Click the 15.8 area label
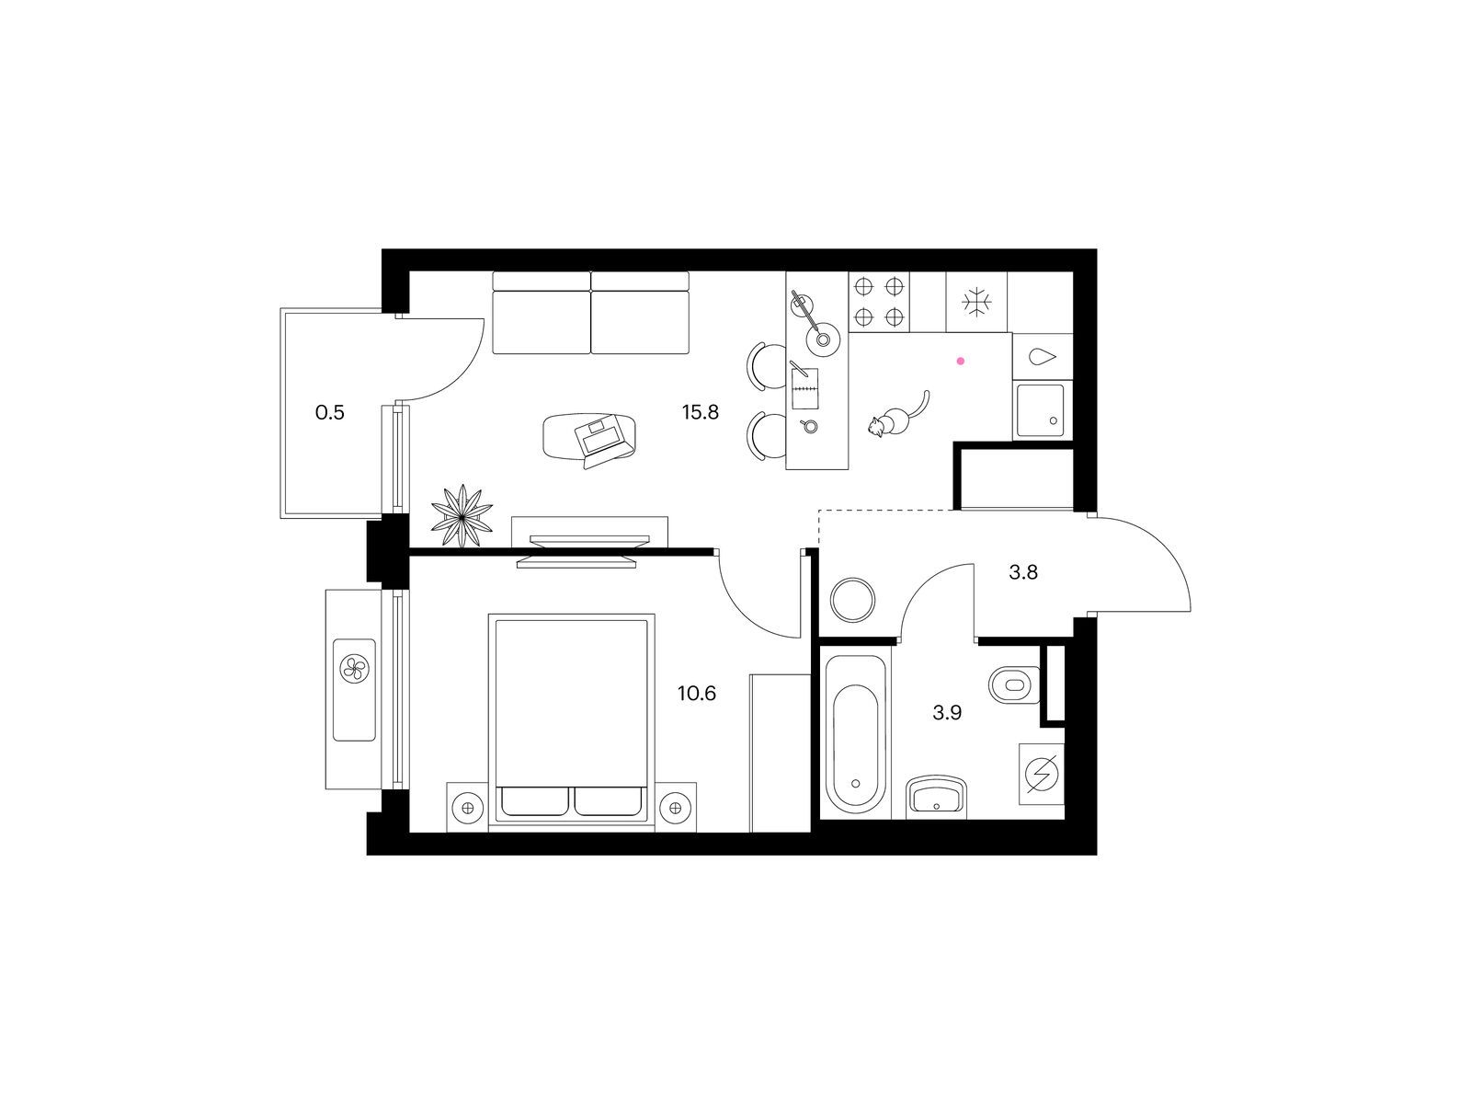click(x=701, y=412)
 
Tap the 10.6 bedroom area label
click(x=696, y=694)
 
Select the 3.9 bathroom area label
click(x=947, y=713)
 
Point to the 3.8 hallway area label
click(x=1022, y=572)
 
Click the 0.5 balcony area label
click(x=330, y=412)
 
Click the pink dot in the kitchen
click(x=960, y=361)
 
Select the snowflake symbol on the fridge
click(x=976, y=302)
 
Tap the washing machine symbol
click(x=1042, y=775)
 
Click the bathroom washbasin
click(x=936, y=798)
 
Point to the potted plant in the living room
click(x=462, y=515)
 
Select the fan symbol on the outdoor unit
click(x=354, y=668)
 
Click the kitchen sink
click(x=1041, y=411)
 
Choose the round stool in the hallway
click(x=852, y=600)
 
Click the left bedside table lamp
click(x=468, y=809)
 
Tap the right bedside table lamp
click(x=675, y=809)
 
